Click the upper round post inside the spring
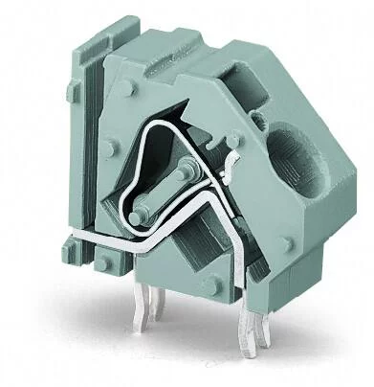click(x=182, y=172)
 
